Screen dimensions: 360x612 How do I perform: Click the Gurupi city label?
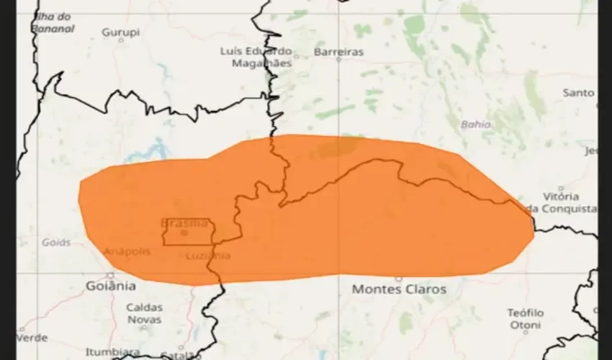120,32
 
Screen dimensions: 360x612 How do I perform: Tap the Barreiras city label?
338,52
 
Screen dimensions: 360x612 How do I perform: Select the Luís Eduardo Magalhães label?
256,57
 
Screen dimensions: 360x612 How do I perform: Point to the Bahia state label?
476,124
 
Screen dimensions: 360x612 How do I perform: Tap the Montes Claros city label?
398,289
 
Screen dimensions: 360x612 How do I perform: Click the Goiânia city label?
110,286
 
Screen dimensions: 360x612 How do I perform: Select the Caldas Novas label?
144,312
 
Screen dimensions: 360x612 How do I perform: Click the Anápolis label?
127,251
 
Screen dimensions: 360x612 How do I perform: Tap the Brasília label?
184,223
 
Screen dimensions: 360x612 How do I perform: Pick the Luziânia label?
208,256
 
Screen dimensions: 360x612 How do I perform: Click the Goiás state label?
56,243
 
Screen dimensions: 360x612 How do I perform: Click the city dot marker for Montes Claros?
398,278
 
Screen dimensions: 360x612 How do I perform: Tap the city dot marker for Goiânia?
110,274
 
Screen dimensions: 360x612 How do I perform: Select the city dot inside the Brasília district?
185,233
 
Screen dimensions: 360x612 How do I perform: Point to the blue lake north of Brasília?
156,152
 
